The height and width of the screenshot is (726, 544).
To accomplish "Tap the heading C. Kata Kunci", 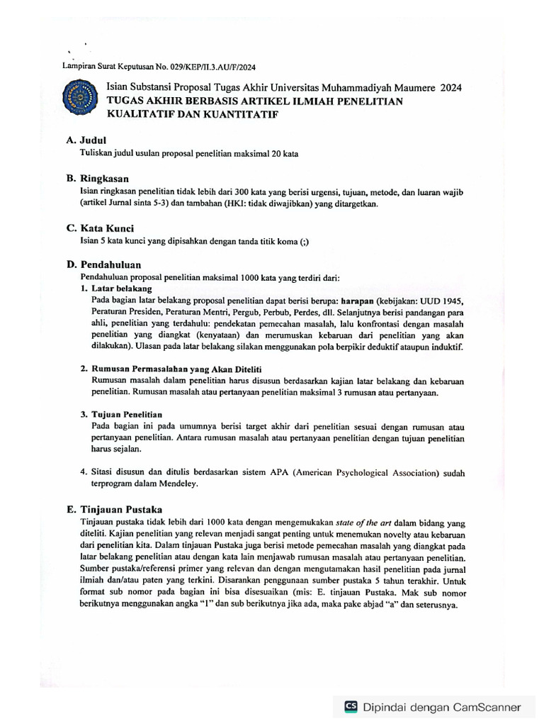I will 100,228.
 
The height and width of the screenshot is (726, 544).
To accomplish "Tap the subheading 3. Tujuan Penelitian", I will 121,414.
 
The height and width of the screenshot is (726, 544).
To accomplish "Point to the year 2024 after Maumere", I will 450,88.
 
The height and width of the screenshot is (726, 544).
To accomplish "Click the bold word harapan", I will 356,300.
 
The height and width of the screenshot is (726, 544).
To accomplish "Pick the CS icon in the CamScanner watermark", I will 351,706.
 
